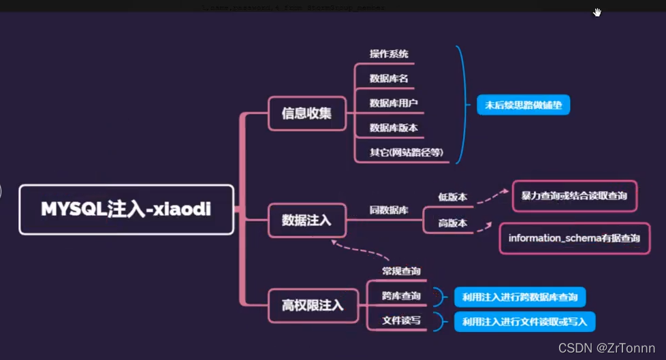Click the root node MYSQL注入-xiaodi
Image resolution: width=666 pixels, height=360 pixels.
[x=126, y=210]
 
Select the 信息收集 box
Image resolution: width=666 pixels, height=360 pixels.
[x=306, y=113]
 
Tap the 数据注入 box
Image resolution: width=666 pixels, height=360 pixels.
[x=306, y=220]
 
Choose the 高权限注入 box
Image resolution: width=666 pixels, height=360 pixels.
[x=313, y=305]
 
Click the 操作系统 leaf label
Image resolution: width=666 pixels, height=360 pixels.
[x=389, y=54]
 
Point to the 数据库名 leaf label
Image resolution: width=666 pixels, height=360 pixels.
[x=389, y=78]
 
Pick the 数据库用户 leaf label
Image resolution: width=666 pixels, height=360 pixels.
[x=394, y=103]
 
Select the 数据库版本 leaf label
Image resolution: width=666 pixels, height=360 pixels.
[x=394, y=127]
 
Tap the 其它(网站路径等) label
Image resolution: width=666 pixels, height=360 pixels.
[x=406, y=152]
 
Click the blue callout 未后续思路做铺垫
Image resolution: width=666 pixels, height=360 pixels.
[x=523, y=105]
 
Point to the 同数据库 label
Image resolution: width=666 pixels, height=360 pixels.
[x=389, y=210]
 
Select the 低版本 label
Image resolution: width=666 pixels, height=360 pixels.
[x=452, y=197]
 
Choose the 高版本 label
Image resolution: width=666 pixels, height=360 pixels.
[x=452, y=223]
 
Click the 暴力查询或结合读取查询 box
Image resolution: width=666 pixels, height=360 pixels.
[x=574, y=196]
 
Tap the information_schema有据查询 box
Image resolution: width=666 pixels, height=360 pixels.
[x=574, y=239]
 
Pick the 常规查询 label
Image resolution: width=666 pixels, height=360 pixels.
[x=401, y=271]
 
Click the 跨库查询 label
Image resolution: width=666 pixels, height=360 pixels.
[x=401, y=296]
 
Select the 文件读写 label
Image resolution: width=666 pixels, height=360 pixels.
[x=401, y=321]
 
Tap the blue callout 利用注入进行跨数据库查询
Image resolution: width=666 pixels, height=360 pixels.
[x=520, y=297]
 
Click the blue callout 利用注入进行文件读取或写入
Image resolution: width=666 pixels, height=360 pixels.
[x=524, y=321]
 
